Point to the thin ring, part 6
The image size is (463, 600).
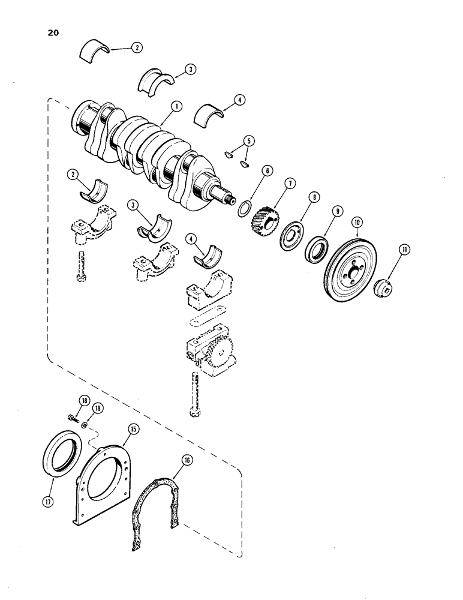244,209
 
